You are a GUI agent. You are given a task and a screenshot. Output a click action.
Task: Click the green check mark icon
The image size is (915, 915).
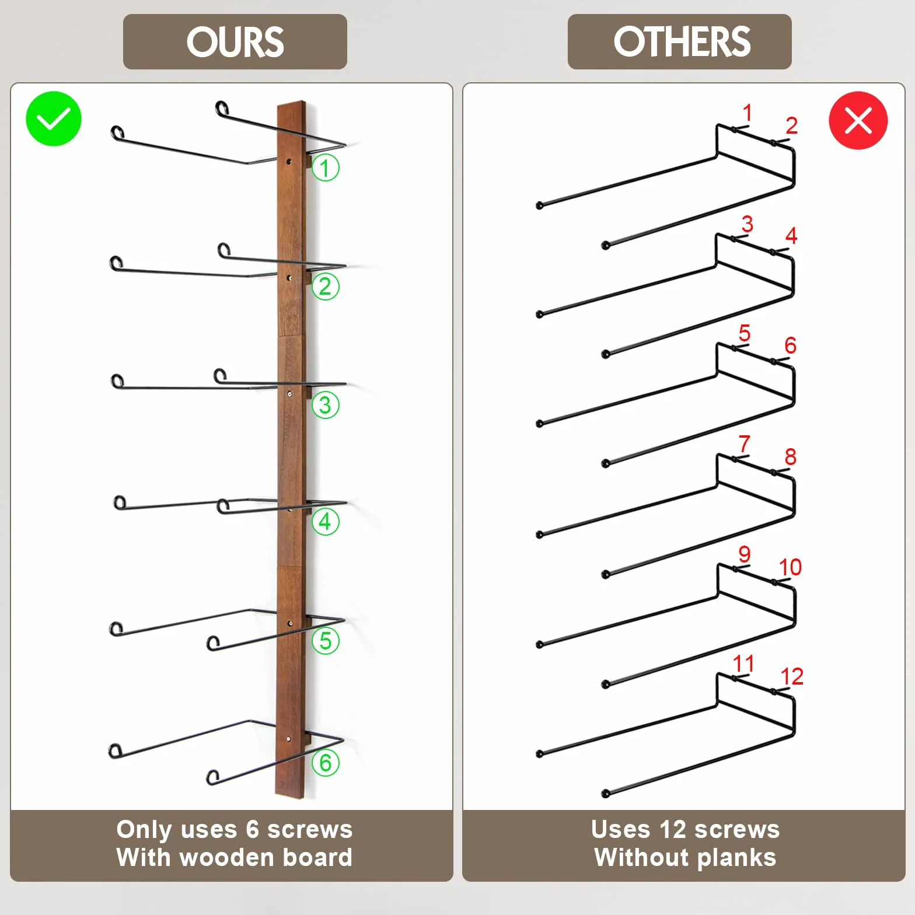click(54, 118)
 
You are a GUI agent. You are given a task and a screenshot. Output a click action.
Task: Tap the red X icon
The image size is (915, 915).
click(858, 120)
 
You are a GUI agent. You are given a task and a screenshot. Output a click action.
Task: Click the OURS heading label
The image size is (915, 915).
click(235, 42)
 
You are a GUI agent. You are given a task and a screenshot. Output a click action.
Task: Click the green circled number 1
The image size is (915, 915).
click(325, 167)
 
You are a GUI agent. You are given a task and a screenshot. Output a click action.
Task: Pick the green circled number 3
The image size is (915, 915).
click(325, 405)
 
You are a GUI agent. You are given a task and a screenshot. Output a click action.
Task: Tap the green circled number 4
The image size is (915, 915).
click(325, 522)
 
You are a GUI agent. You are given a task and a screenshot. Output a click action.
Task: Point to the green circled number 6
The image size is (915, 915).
click(325, 763)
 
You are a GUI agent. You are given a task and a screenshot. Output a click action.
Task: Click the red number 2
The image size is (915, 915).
click(791, 125)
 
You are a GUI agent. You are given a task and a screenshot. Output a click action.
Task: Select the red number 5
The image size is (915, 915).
click(744, 333)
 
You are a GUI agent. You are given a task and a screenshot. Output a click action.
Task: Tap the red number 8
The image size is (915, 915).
click(790, 456)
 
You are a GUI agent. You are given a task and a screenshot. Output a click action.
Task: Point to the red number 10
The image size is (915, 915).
click(790, 567)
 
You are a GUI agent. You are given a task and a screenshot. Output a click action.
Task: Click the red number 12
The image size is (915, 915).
click(792, 676)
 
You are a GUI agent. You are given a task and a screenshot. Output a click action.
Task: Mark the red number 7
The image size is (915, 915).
click(744, 443)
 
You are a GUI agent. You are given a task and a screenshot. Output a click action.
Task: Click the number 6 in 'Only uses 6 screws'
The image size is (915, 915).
click(252, 829)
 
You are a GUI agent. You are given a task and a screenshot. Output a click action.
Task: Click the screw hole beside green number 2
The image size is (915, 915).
click(289, 278)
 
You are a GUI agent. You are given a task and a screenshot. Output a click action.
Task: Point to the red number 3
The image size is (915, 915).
click(747, 223)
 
